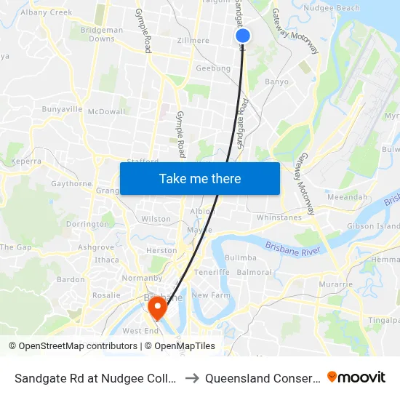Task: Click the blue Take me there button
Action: [200, 178]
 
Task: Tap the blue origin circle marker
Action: [243, 36]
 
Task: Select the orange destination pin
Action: [156, 309]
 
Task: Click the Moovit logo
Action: [356, 377]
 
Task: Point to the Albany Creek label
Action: [47, 12]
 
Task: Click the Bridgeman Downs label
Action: [102, 35]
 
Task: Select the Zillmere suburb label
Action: [193, 41]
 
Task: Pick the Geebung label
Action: [213, 69]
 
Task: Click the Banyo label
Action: [276, 82]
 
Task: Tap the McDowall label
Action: [106, 111]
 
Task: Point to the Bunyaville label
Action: [63, 109]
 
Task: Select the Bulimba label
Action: [240, 257]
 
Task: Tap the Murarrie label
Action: [335, 284]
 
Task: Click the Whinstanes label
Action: [279, 217]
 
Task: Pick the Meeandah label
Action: [347, 197]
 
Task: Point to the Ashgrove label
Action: [96, 247]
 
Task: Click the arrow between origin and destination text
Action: [193, 377]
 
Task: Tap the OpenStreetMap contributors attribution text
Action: [76, 346]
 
